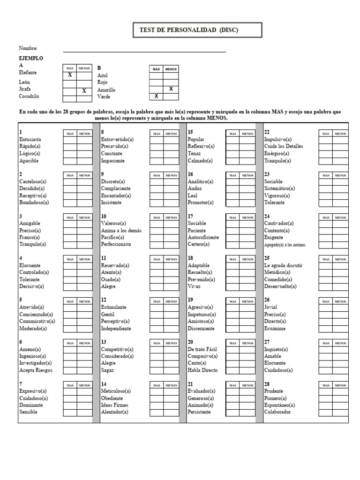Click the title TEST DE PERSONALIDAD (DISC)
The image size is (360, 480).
pyautogui.click(x=189, y=30)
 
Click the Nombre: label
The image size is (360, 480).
pyautogui.click(x=28, y=48)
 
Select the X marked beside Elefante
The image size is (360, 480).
pyautogui.click(x=70, y=75)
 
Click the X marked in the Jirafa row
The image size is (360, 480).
pyautogui.click(x=84, y=91)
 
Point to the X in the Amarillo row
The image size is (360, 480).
pyautogui.click(x=171, y=89)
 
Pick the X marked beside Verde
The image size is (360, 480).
pyautogui.click(x=157, y=97)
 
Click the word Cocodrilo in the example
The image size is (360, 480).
pyautogui.click(x=29, y=96)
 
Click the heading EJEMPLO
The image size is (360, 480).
pyautogui.click(x=31, y=58)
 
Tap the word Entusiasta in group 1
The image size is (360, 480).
pyautogui.click(x=30, y=140)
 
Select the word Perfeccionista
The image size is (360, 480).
pyautogui.click(x=116, y=244)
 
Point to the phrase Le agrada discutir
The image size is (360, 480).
pyautogui.click(x=283, y=265)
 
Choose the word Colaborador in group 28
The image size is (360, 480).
pyautogui.click(x=277, y=412)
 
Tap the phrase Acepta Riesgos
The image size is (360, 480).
pyautogui.click(x=36, y=370)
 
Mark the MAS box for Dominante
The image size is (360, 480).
pyautogui.click(x=70, y=405)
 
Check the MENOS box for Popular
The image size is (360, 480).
pyautogui.click(x=247, y=140)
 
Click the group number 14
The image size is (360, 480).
pyautogui.click(x=104, y=384)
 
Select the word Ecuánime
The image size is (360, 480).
pyautogui.click(x=275, y=328)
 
